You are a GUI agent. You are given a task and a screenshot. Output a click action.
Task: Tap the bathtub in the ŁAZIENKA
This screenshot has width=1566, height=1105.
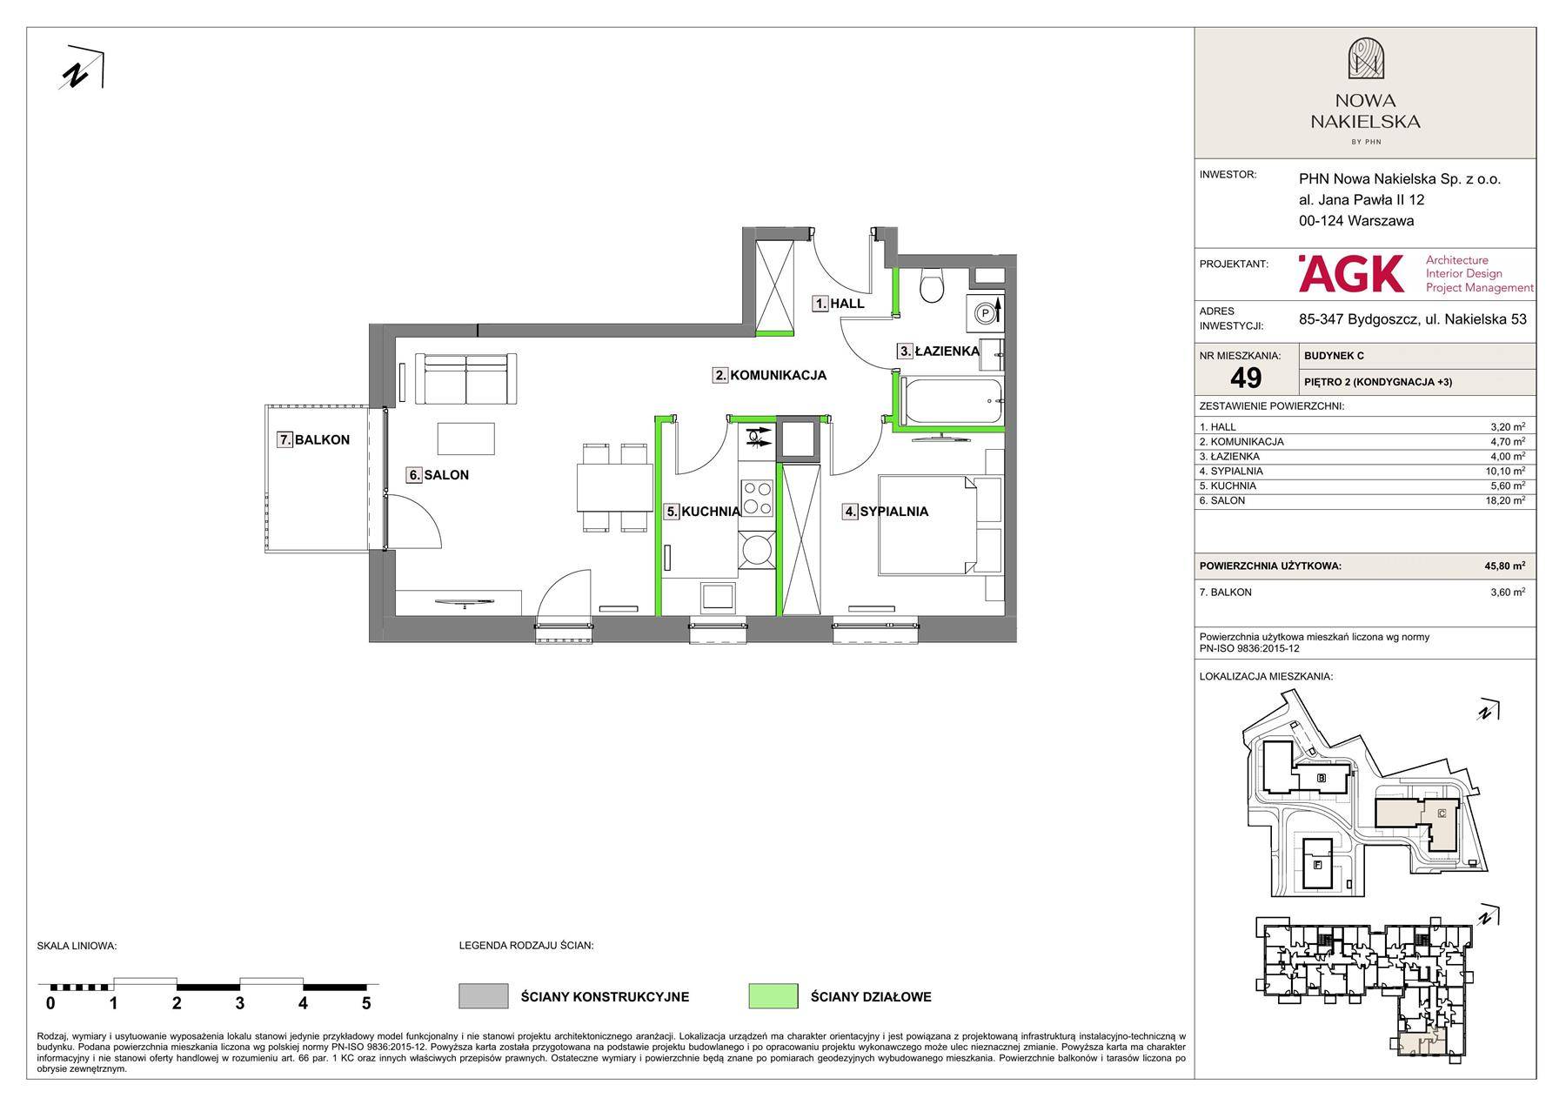tap(953, 401)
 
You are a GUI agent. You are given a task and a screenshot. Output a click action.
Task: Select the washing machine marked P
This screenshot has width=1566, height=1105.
tap(987, 312)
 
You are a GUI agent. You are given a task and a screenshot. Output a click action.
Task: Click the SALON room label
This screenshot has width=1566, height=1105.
tap(446, 475)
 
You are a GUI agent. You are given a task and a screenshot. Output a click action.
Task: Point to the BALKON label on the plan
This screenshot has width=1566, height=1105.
tap(322, 440)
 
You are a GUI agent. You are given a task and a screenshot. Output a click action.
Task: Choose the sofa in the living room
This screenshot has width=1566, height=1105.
tap(465, 378)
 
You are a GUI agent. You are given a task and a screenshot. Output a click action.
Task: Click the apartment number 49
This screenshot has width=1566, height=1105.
tap(1246, 378)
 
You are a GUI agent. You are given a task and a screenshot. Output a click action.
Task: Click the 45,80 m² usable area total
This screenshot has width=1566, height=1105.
tap(1504, 566)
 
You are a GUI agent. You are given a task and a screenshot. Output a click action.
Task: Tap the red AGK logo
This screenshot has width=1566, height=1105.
tap(1351, 272)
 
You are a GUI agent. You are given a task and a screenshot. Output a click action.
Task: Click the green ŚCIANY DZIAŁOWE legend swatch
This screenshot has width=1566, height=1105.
tap(773, 996)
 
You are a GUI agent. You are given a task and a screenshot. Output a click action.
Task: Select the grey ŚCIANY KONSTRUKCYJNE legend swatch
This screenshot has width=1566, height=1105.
tap(483, 996)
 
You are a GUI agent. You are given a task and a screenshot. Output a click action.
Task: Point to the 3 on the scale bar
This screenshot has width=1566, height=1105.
tap(239, 1003)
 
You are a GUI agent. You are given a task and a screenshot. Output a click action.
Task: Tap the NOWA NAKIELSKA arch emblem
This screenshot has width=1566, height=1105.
tap(1365, 59)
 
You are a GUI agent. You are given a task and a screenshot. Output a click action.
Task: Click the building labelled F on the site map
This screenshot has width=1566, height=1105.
tap(1317, 864)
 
